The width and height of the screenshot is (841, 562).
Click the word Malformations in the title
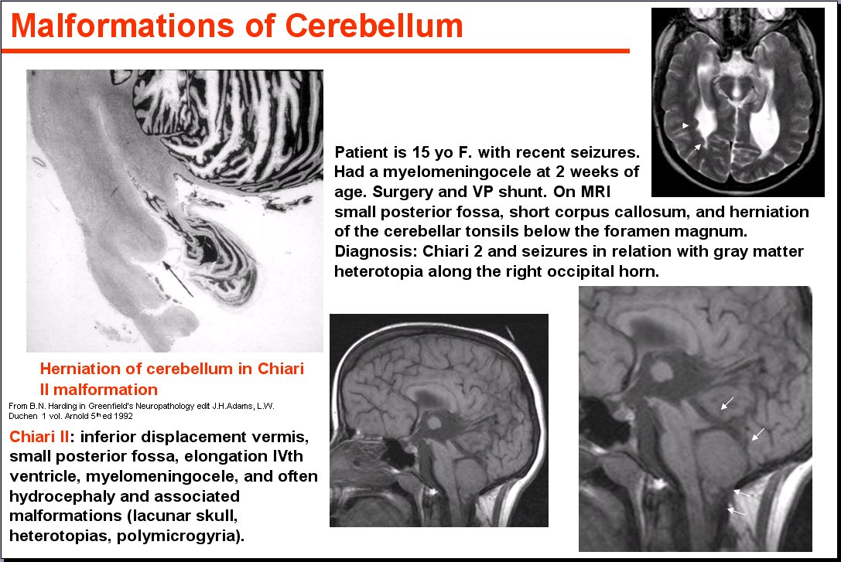point(123,26)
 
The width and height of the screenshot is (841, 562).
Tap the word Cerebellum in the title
point(374,26)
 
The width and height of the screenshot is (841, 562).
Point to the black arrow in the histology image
point(177,278)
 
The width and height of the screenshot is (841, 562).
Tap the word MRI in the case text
point(595,192)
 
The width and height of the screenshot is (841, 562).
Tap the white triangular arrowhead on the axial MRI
point(685,125)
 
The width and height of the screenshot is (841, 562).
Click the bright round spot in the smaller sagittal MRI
point(435,424)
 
